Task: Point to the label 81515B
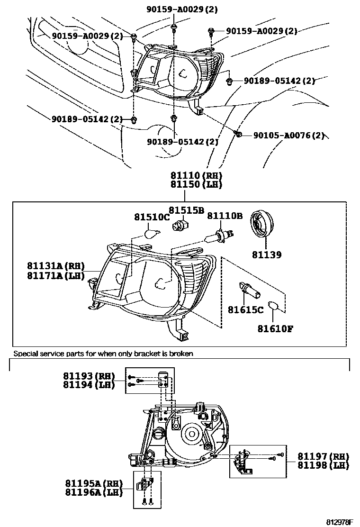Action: tap(187, 210)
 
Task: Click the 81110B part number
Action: tap(225, 216)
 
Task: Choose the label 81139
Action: tap(267, 255)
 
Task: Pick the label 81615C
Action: tap(245, 310)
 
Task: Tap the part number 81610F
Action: tap(276, 328)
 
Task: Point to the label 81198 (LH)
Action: tap(323, 465)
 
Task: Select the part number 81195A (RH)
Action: tap(94, 484)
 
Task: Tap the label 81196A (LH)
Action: tap(94, 492)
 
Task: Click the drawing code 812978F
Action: tap(340, 522)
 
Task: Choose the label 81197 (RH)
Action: tap(323, 456)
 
